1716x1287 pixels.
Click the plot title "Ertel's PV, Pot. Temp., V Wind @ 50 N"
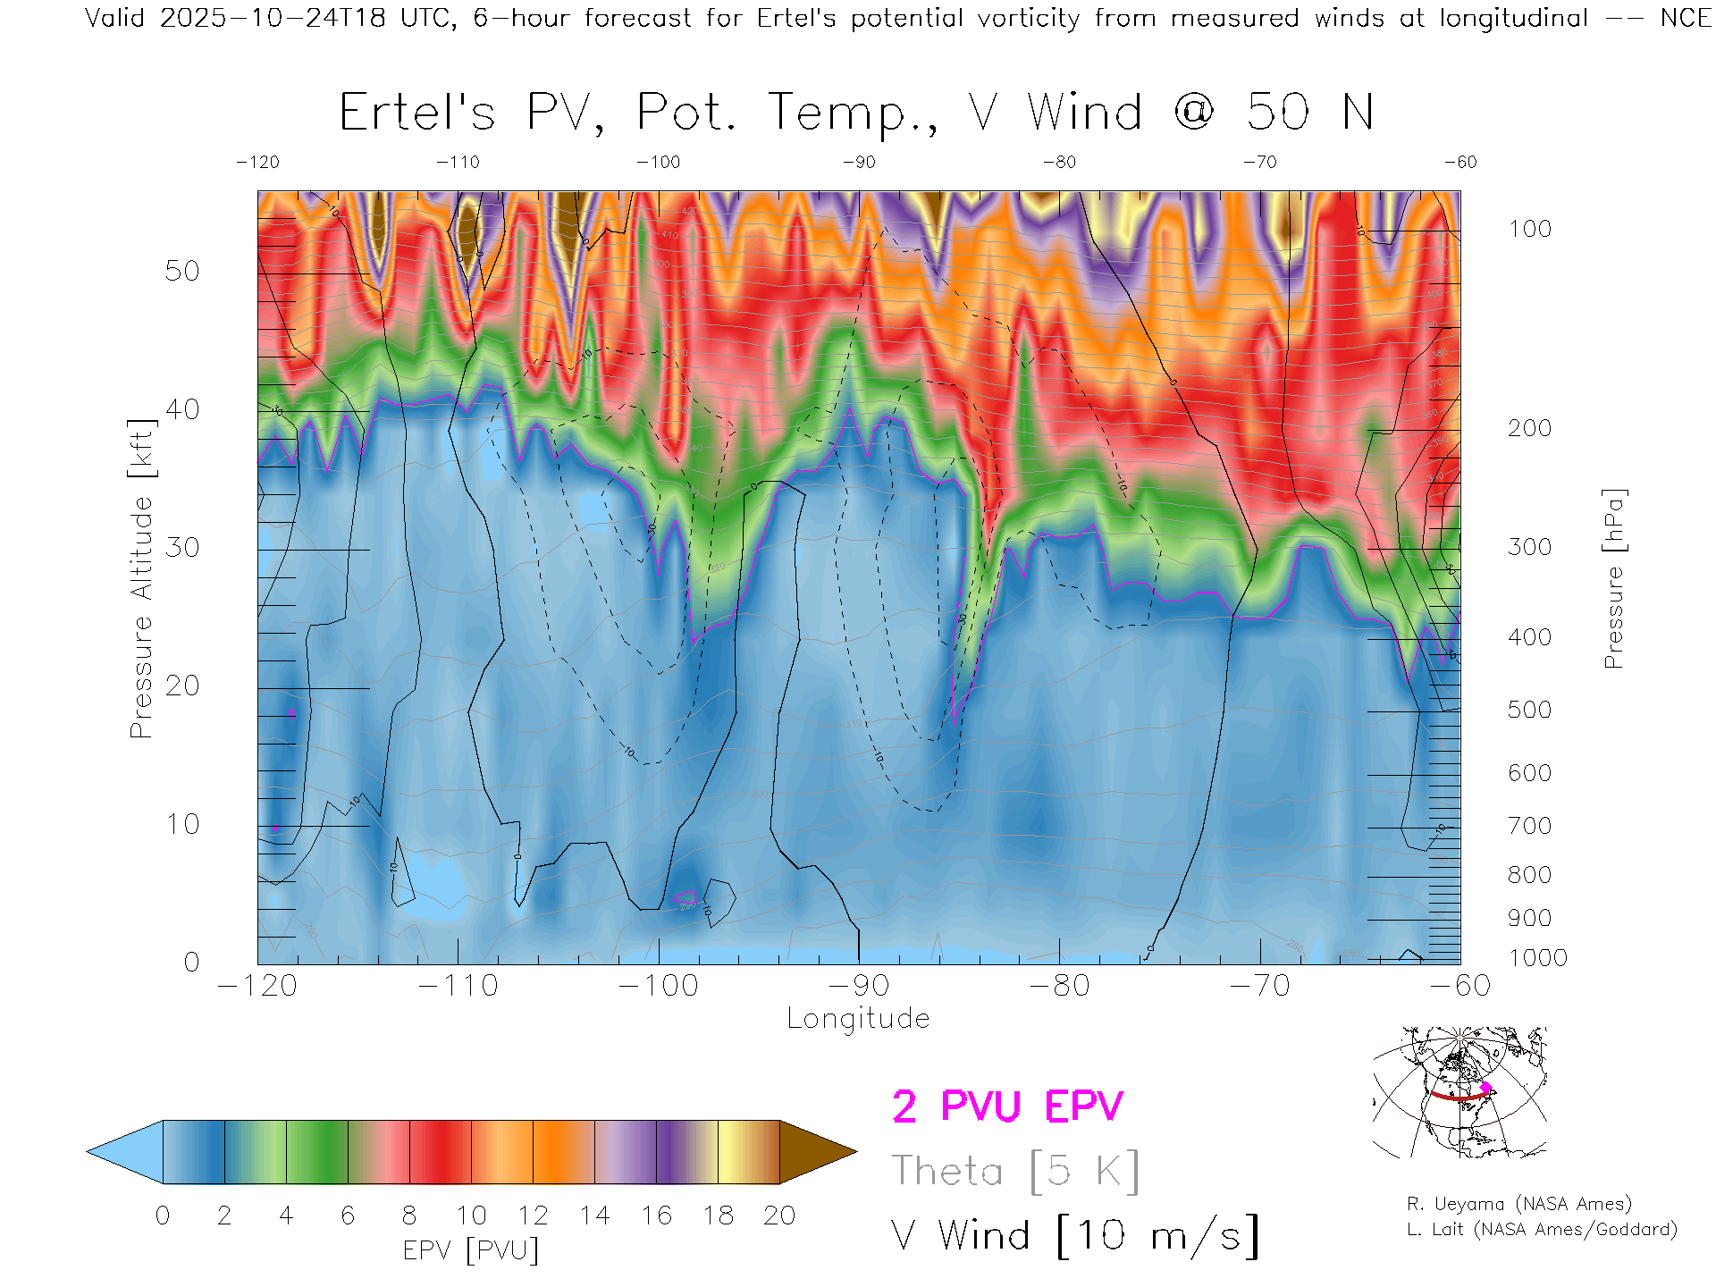(856, 114)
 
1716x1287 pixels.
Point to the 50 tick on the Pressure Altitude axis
(182, 271)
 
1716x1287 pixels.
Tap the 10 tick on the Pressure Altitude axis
(182, 824)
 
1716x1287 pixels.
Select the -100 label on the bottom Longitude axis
(659, 986)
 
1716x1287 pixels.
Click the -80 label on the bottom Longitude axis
(1059, 986)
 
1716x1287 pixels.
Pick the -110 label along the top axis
(458, 162)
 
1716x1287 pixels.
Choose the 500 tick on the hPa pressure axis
(1529, 710)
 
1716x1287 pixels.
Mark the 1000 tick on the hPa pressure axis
(1537, 958)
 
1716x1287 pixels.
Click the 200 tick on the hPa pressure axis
(1529, 428)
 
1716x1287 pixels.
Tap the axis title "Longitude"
(858, 1019)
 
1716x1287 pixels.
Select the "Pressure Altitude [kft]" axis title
(141, 578)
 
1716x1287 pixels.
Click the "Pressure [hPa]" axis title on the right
(1614, 578)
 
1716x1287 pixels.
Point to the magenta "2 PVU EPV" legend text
(1007, 1106)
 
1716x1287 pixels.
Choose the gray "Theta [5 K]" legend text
(1015, 1171)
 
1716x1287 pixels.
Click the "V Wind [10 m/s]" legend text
(1075, 1236)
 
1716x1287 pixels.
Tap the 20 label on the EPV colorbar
(779, 1215)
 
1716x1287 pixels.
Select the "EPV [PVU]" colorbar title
(471, 1250)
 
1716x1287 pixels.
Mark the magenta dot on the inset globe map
(1485, 1088)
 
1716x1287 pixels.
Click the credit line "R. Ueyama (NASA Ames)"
(1519, 1204)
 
